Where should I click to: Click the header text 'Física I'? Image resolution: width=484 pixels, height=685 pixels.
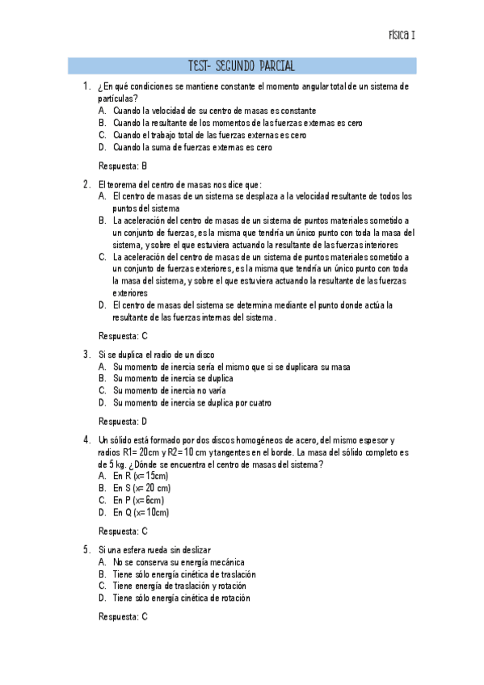(402, 36)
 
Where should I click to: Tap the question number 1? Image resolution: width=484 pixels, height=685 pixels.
(86, 86)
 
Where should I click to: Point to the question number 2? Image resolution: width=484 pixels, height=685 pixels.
(86, 184)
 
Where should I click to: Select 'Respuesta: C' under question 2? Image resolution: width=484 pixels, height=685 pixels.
(122, 335)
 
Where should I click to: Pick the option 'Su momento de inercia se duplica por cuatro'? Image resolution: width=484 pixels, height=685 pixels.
(191, 402)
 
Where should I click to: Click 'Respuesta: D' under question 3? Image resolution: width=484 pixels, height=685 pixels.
(122, 421)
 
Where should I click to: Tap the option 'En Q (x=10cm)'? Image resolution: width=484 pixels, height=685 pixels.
(141, 513)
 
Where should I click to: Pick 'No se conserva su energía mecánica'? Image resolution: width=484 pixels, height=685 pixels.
(179, 562)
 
